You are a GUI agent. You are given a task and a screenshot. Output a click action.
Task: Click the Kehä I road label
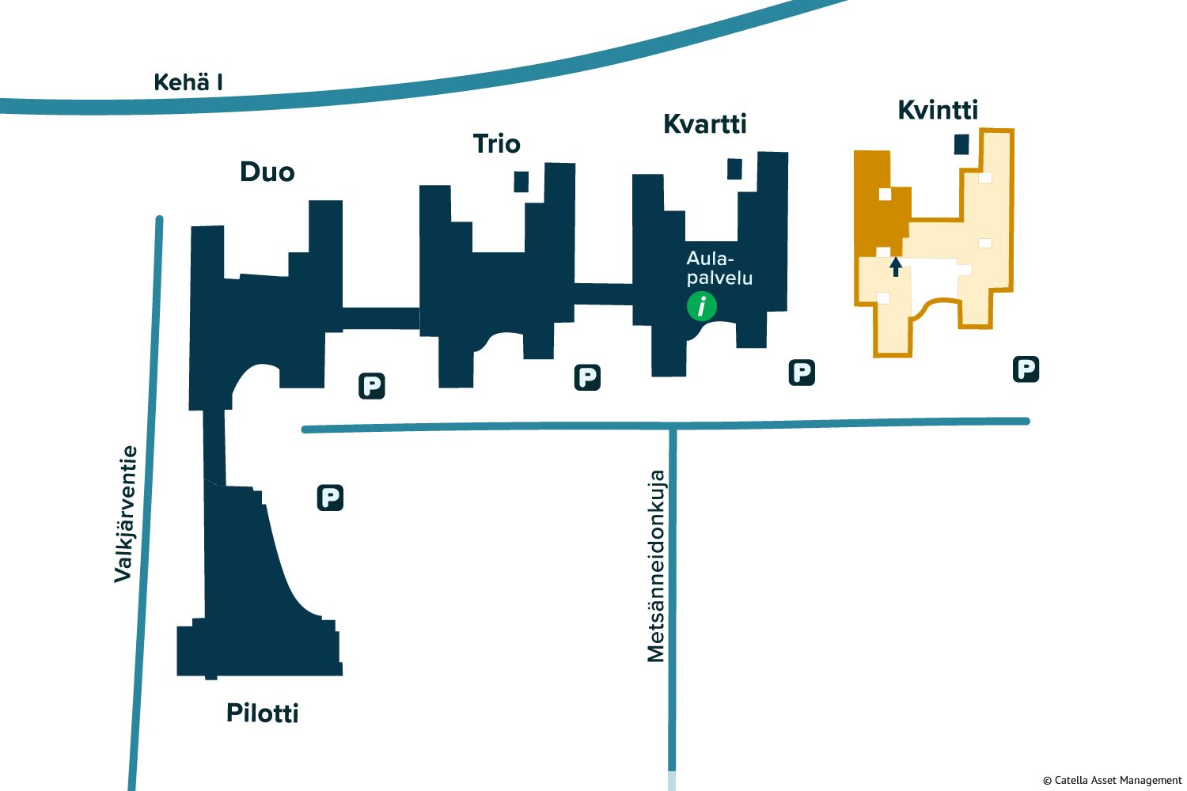tap(188, 82)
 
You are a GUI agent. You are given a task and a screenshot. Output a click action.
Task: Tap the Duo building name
tap(267, 172)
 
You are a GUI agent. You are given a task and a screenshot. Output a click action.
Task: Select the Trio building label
tap(496, 144)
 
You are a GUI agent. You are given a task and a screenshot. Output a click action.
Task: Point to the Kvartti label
tap(704, 124)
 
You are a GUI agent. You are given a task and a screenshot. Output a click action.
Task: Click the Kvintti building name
tap(938, 110)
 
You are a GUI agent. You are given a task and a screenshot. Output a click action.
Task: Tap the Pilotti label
tap(263, 713)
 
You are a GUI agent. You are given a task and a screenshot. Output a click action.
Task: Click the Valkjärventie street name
tap(125, 514)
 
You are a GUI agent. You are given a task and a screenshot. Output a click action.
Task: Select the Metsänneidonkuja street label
tap(656, 566)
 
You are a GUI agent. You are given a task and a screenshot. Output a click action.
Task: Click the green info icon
tap(702, 305)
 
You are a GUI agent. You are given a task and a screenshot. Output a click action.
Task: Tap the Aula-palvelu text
tap(719, 268)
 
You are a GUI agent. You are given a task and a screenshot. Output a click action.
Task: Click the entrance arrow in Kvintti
tap(896, 267)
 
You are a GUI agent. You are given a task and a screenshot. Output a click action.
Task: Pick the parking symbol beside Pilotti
tap(330, 498)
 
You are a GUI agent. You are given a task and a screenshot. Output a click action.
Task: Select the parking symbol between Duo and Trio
tap(371, 385)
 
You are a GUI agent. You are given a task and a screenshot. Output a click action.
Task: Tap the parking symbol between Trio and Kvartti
tap(587, 377)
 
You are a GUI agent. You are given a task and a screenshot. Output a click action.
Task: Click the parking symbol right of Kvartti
tap(802, 372)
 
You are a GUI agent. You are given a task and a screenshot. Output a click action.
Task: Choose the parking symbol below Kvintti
tap(1026, 369)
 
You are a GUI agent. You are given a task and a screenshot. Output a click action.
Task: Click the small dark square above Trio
tap(521, 181)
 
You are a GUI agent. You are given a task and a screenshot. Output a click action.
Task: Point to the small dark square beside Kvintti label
tap(961, 144)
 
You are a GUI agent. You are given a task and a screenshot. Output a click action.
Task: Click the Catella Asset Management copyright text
tap(1112, 780)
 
